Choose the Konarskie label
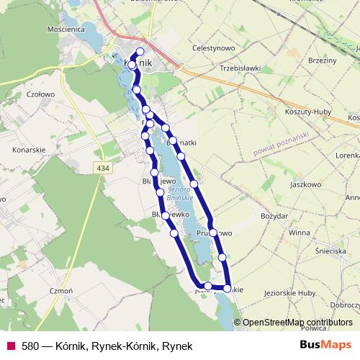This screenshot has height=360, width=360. (29, 150)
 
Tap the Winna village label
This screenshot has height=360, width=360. (298, 233)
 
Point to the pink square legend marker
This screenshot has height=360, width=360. (10, 346)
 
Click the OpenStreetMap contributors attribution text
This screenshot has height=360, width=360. (297, 323)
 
